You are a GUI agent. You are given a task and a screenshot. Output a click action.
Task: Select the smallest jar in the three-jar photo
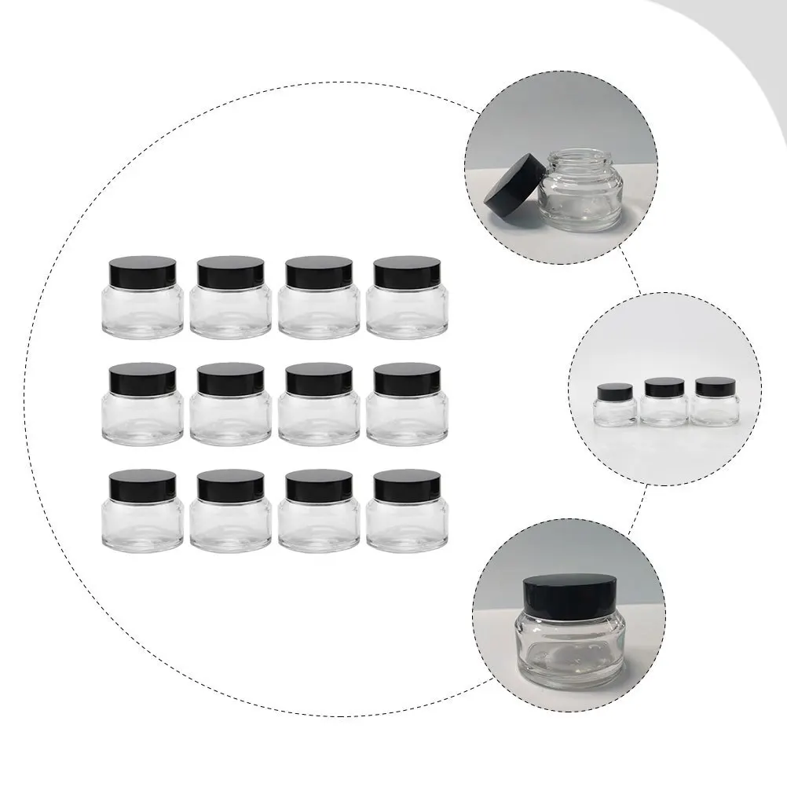615,404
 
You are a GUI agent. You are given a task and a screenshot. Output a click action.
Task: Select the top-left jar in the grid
143,298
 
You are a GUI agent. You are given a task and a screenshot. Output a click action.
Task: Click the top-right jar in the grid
407,298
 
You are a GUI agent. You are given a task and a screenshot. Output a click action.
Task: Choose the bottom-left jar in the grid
143,511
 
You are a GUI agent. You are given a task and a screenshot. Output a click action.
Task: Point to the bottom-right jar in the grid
407,511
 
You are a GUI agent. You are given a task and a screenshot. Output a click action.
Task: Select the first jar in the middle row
143,405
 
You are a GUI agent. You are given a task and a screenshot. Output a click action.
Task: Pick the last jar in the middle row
407,405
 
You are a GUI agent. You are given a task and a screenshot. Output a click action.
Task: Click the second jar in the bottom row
231,511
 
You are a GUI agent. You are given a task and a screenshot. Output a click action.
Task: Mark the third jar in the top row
319,298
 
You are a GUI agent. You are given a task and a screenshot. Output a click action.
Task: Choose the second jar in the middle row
231,405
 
